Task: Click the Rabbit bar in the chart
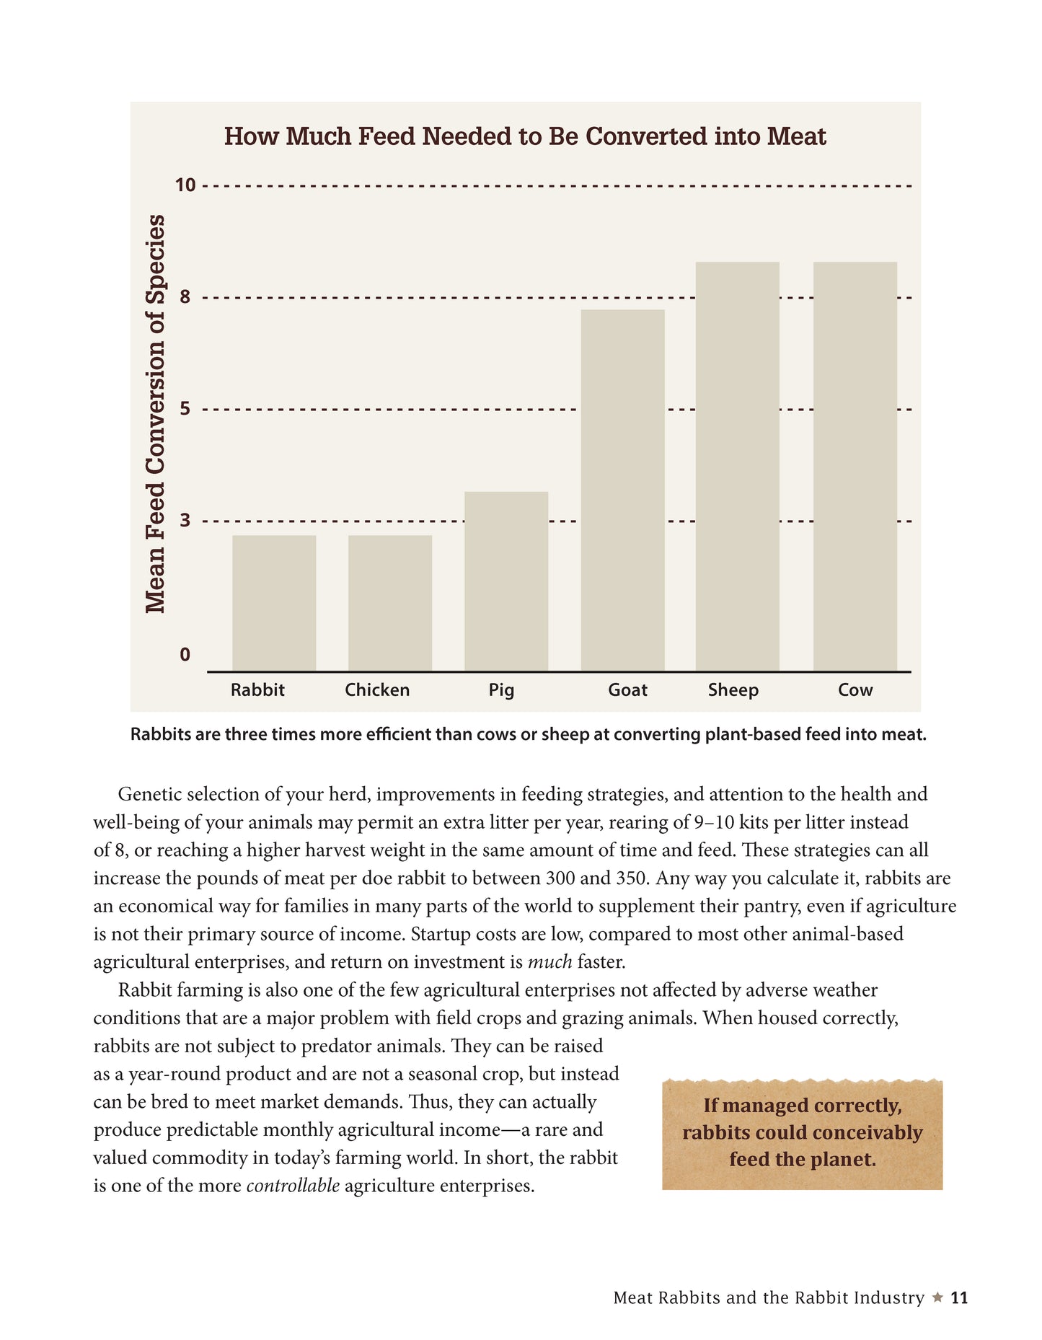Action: tap(274, 603)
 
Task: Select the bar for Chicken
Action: tap(390, 603)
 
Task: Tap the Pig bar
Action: tap(506, 581)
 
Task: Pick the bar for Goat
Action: tap(622, 490)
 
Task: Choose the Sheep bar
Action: tap(737, 467)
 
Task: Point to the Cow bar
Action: tap(855, 467)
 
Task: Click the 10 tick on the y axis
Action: tap(185, 185)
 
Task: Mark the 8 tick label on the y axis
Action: tap(185, 296)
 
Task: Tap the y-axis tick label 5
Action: tap(185, 409)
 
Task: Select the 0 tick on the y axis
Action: tap(185, 654)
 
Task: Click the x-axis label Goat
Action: tap(627, 690)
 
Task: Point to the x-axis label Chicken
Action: tap(377, 690)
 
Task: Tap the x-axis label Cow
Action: tap(855, 690)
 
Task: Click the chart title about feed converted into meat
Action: tap(525, 136)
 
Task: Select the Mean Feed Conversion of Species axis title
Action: tap(155, 414)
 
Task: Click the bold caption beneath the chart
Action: tap(528, 734)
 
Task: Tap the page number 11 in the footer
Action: tap(959, 1298)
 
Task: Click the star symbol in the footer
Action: tap(937, 1297)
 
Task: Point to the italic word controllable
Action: tap(293, 1186)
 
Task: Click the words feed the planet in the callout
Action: tap(803, 1160)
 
